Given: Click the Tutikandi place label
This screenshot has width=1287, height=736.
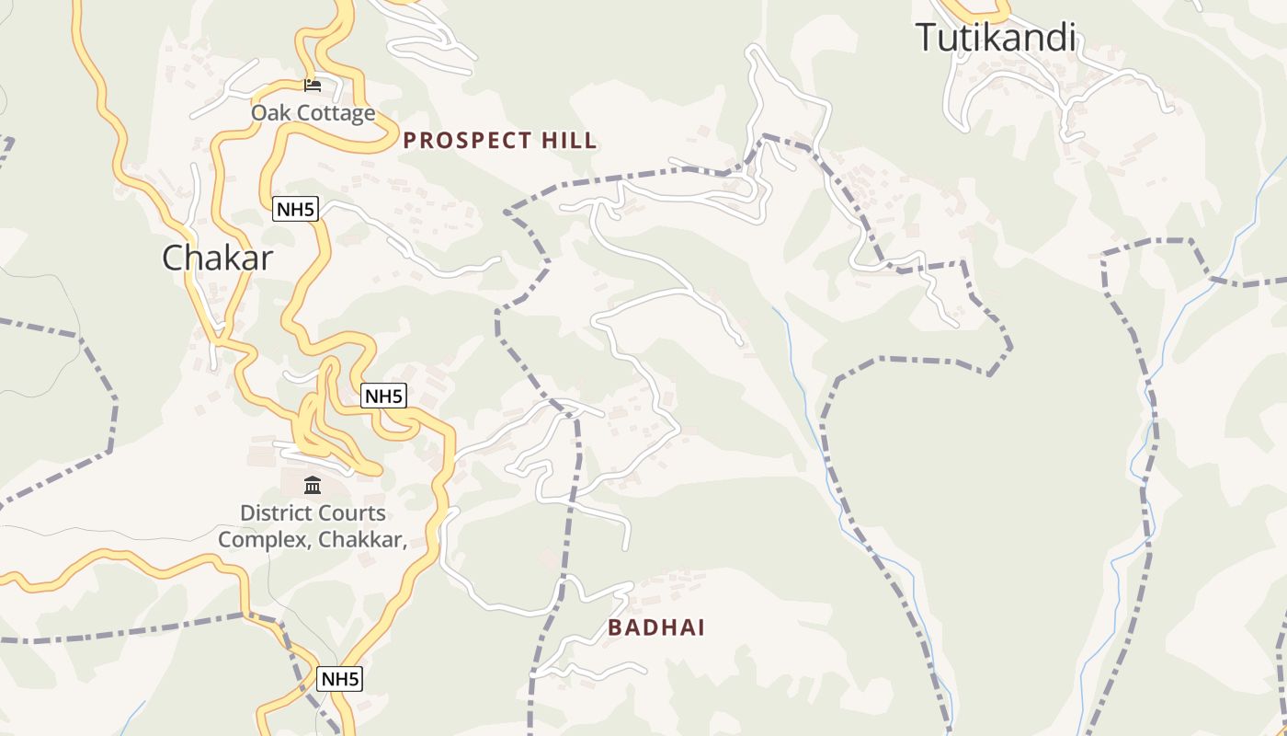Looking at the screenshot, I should (996, 38).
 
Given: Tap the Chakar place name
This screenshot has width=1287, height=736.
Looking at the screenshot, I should (217, 258).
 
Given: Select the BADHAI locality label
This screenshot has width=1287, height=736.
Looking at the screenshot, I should (655, 628).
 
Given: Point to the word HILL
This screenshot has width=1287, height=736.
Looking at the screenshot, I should (569, 141).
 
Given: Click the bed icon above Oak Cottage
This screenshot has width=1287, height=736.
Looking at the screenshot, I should (313, 85).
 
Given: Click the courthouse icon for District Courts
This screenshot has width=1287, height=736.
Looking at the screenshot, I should (313, 485).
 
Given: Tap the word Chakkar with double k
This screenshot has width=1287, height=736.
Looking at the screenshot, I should (362, 540).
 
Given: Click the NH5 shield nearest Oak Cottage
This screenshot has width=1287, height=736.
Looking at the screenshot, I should (295, 210).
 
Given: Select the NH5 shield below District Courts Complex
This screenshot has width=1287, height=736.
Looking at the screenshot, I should (339, 679).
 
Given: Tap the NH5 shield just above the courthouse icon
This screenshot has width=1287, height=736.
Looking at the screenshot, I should (383, 397).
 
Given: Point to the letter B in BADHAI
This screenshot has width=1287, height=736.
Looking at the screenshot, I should (613, 628).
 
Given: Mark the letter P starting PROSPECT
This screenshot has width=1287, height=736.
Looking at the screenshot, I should (410, 141).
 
